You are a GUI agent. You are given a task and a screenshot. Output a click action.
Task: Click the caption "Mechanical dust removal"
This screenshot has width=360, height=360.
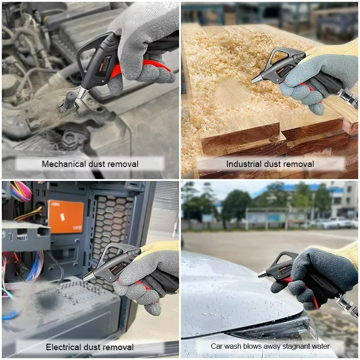90,164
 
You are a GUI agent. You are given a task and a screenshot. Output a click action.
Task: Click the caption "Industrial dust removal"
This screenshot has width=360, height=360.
270,164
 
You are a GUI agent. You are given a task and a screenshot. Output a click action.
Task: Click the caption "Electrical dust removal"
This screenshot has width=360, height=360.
90,347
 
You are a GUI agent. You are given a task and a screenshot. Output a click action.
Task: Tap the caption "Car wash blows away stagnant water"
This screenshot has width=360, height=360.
270,346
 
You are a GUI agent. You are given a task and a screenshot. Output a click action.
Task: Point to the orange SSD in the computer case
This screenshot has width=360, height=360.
66,216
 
